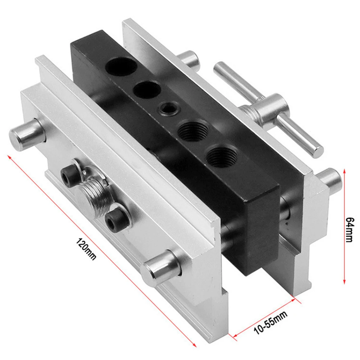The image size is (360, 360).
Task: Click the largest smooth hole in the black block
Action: (x=121, y=66)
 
